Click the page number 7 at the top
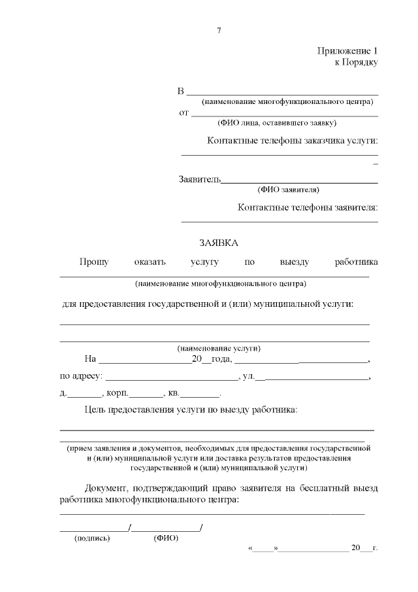coord(219,31)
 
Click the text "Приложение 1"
coord(348,51)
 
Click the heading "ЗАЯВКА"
coord(219,243)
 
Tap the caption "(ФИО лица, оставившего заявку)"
coord(277,122)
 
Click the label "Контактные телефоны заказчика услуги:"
coord(293,141)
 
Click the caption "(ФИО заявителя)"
coord(288,190)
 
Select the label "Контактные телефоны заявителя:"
coord(308,207)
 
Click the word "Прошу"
coord(93,262)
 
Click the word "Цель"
coord(97,410)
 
